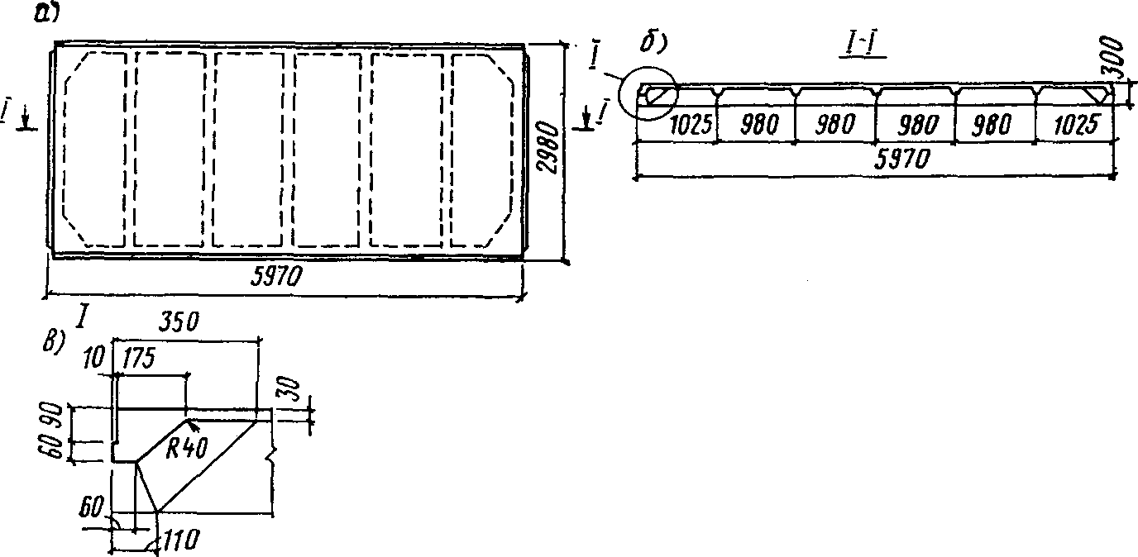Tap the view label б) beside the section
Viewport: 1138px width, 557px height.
pos(654,39)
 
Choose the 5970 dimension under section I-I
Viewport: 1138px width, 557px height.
pos(874,159)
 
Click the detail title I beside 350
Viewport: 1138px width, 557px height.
pos(83,316)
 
